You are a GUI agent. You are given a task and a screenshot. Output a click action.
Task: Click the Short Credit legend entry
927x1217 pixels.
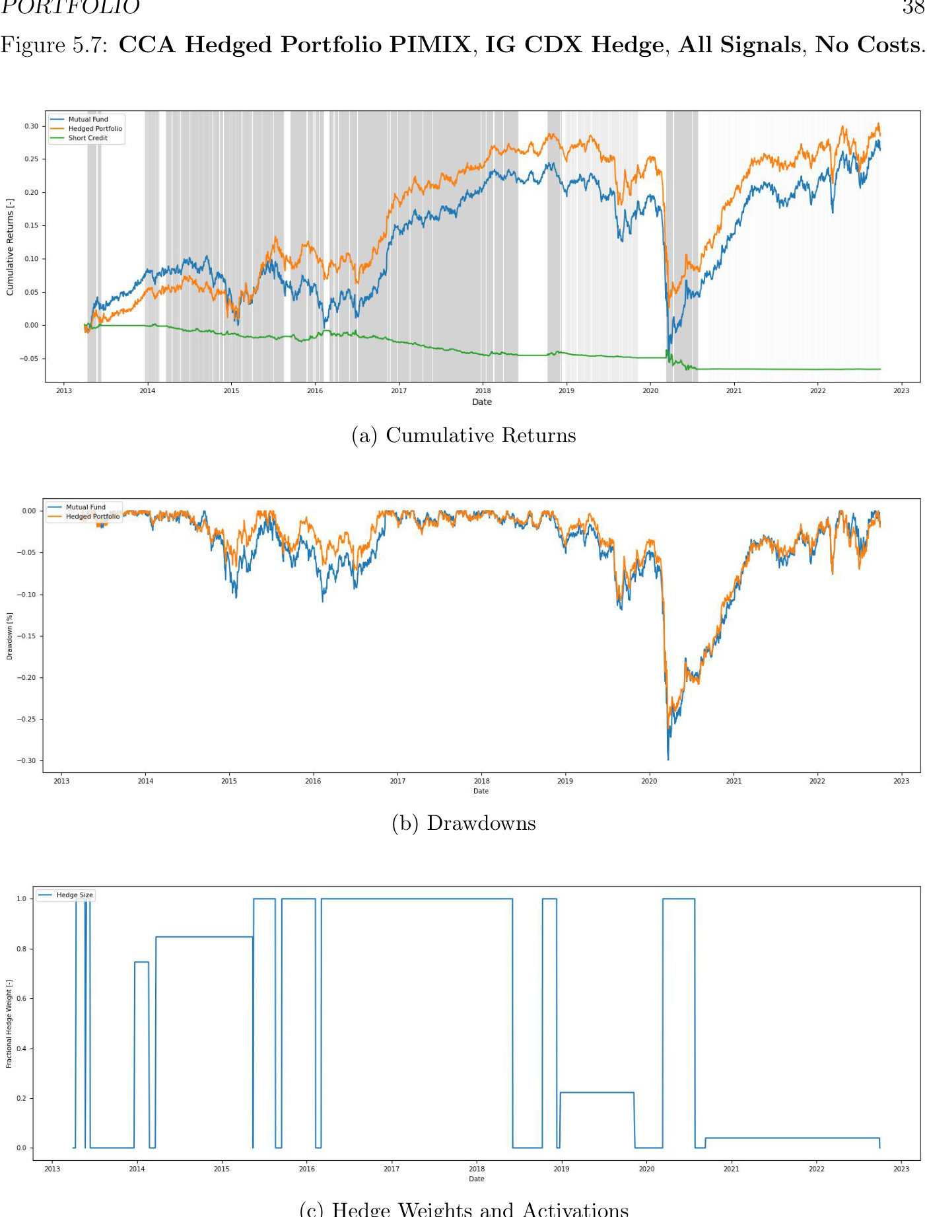pyautogui.click(x=87, y=138)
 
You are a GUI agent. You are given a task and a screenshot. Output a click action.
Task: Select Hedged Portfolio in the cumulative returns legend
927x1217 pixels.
pyautogui.click(x=95, y=129)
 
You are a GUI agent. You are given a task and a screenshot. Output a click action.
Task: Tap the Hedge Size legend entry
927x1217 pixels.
pyautogui.click(x=75, y=895)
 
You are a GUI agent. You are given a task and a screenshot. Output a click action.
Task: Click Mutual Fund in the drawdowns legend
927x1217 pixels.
pyautogui.click(x=85, y=507)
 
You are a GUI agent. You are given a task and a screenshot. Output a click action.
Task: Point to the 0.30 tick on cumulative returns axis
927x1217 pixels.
pyautogui.click(x=31, y=126)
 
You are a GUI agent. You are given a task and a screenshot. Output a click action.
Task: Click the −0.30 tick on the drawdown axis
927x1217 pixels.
pyautogui.click(x=27, y=761)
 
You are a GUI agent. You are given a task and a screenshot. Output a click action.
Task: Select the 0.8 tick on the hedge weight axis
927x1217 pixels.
pyautogui.click(x=22, y=949)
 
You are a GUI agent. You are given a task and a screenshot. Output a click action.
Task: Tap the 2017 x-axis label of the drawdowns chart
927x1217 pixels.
pyautogui.click(x=397, y=782)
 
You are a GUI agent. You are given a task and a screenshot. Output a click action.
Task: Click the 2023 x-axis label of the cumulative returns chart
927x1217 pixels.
pyautogui.click(x=901, y=391)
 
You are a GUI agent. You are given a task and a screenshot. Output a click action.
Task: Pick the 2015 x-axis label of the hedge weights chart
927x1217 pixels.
pyautogui.click(x=222, y=1169)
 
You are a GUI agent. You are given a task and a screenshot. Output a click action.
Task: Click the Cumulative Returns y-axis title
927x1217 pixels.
pyautogui.click(x=10, y=247)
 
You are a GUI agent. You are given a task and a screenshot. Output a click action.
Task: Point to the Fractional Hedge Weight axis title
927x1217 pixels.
pyautogui.click(x=9, y=1024)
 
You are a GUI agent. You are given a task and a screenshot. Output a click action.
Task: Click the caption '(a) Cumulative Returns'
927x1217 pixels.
pyautogui.click(x=463, y=435)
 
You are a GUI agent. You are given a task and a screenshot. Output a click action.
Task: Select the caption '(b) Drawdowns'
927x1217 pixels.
pyautogui.click(x=463, y=823)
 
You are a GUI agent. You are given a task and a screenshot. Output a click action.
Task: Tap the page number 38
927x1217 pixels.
pyautogui.click(x=913, y=8)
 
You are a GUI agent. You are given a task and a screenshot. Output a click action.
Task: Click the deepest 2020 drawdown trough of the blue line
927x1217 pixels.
pyautogui.click(x=668, y=758)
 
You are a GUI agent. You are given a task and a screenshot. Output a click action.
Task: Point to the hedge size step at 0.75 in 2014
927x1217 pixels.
pyautogui.click(x=141, y=963)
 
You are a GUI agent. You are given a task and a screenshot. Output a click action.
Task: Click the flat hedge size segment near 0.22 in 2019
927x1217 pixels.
pyautogui.click(x=597, y=1093)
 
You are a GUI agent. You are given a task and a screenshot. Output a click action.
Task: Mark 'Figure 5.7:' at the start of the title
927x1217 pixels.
pyautogui.click(x=56, y=45)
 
